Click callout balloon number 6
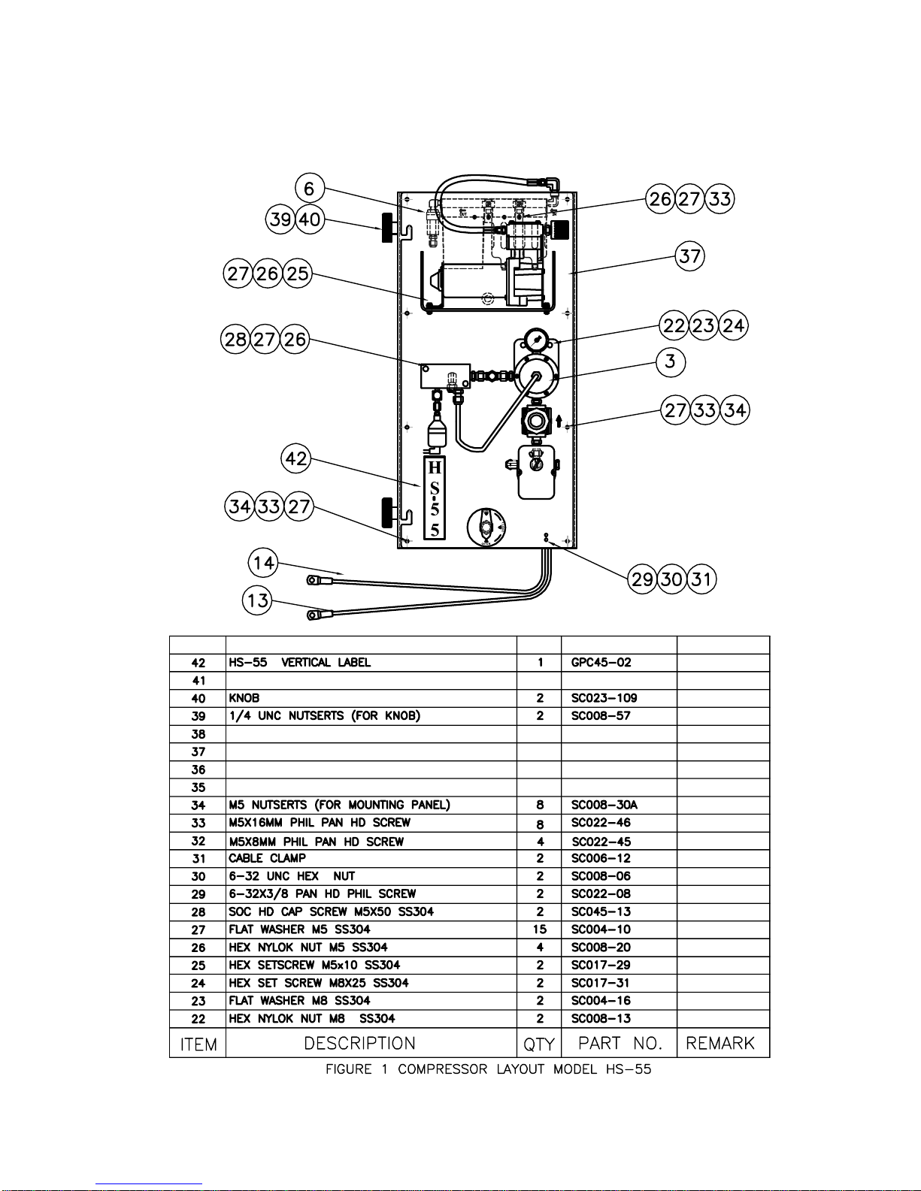pyautogui.click(x=309, y=189)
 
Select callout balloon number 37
pyautogui.click(x=689, y=256)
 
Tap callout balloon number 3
pyautogui.click(x=671, y=361)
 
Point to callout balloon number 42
pyautogui.click(x=296, y=458)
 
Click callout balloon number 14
pyautogui.click(x=264, y=562)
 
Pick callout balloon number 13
pyautogui.click(x=258, y=600)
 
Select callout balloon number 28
pyautogui.click(x=236, y=339)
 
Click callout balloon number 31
pyautogui.click(x=701, y=579)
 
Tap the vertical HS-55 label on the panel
pyautogui.click(x=435, y=498)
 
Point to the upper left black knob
pyautogui.click(x=388, y=228)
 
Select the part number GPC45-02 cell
pyautogui.click(x=601, y=663)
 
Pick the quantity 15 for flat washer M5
pyautogui.click(x=540, y=930)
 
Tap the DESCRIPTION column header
pyautogui.click(x=359, y=1043)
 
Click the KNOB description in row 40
pyautogui.click(x=244, y=698)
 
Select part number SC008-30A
pyautogui.click(x=604, y=805)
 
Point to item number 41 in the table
pyautogui.click(x=198, y=681)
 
